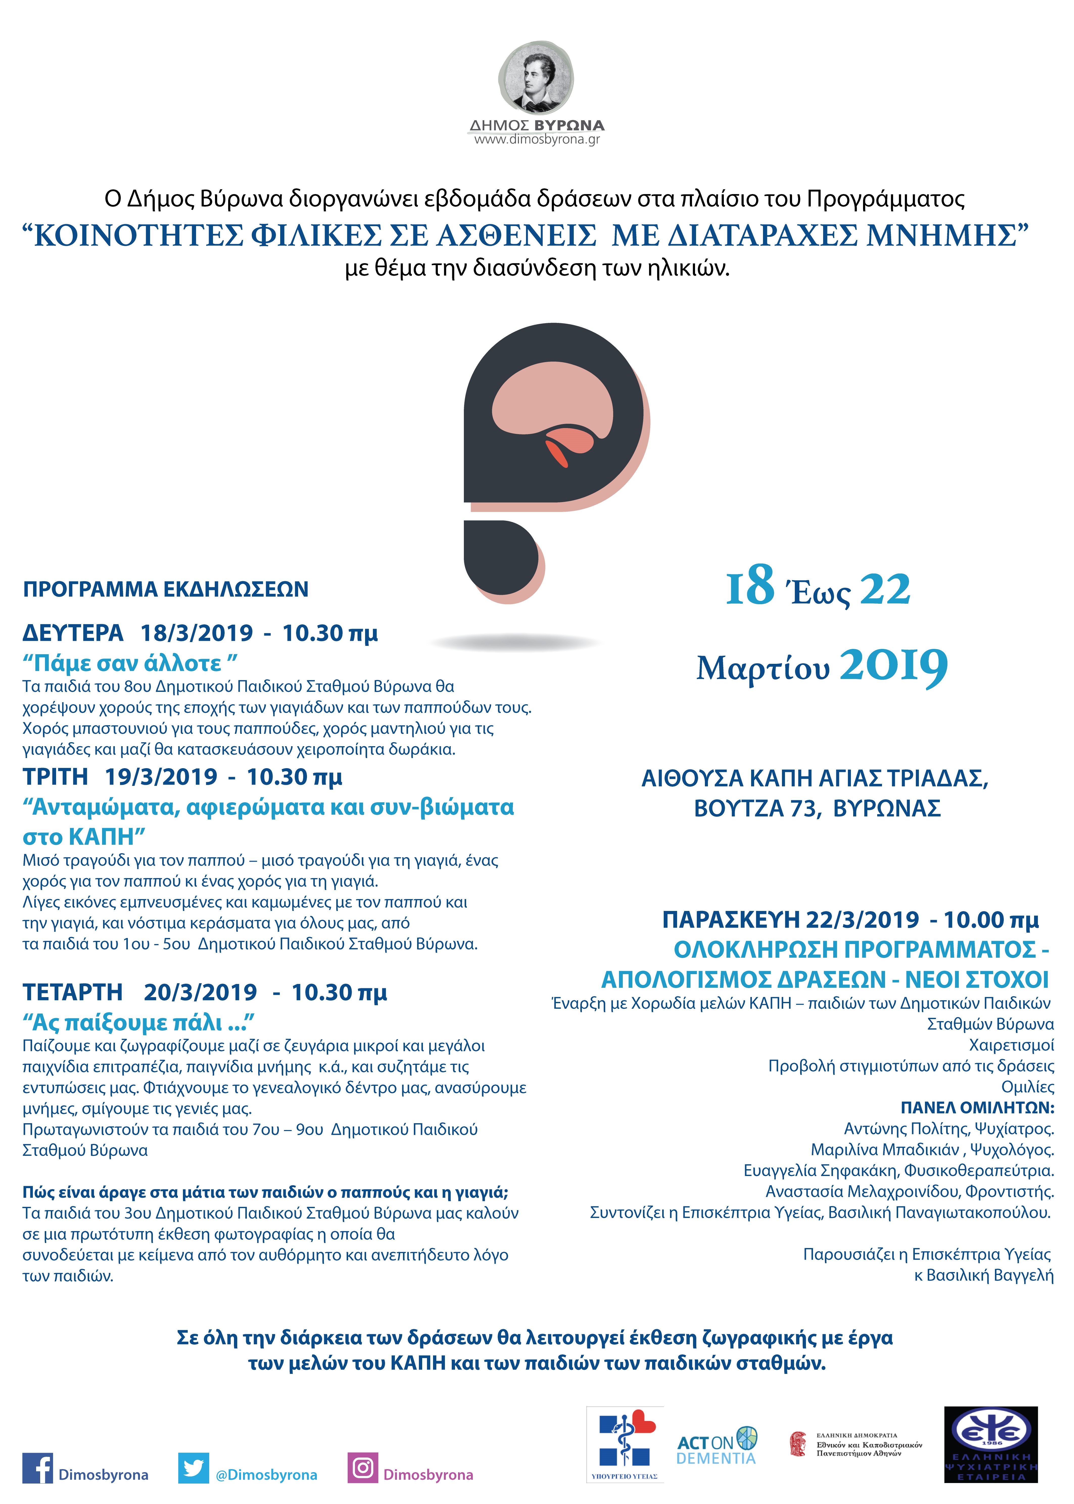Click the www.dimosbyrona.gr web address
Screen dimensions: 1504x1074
[x=536, y=139]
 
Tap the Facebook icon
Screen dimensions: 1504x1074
[x=37, y=1468]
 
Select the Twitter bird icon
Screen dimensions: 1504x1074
[x=193, y=1468]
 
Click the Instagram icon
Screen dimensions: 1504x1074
[x=362, y=1468]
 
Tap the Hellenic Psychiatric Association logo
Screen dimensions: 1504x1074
[x=991, y=1452]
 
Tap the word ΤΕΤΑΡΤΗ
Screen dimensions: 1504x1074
[x=73, y=992]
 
